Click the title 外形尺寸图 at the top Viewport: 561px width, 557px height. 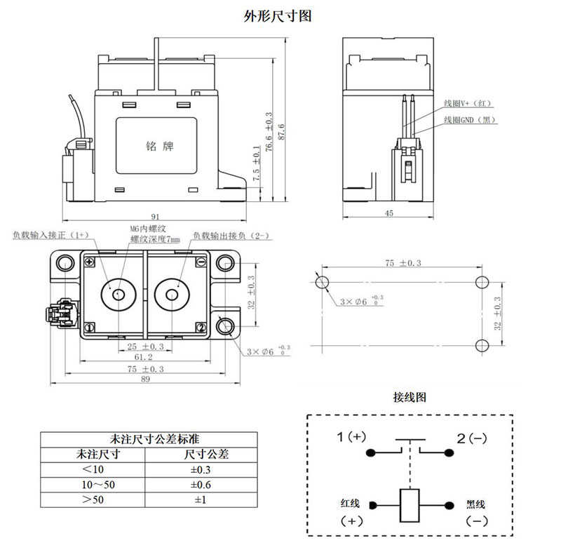pos(280,16)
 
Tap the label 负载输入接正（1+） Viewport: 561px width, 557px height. pos(50,236)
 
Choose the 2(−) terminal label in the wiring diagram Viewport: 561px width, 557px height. pos(471,438)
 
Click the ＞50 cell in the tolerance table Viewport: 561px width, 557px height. pos(93,500)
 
